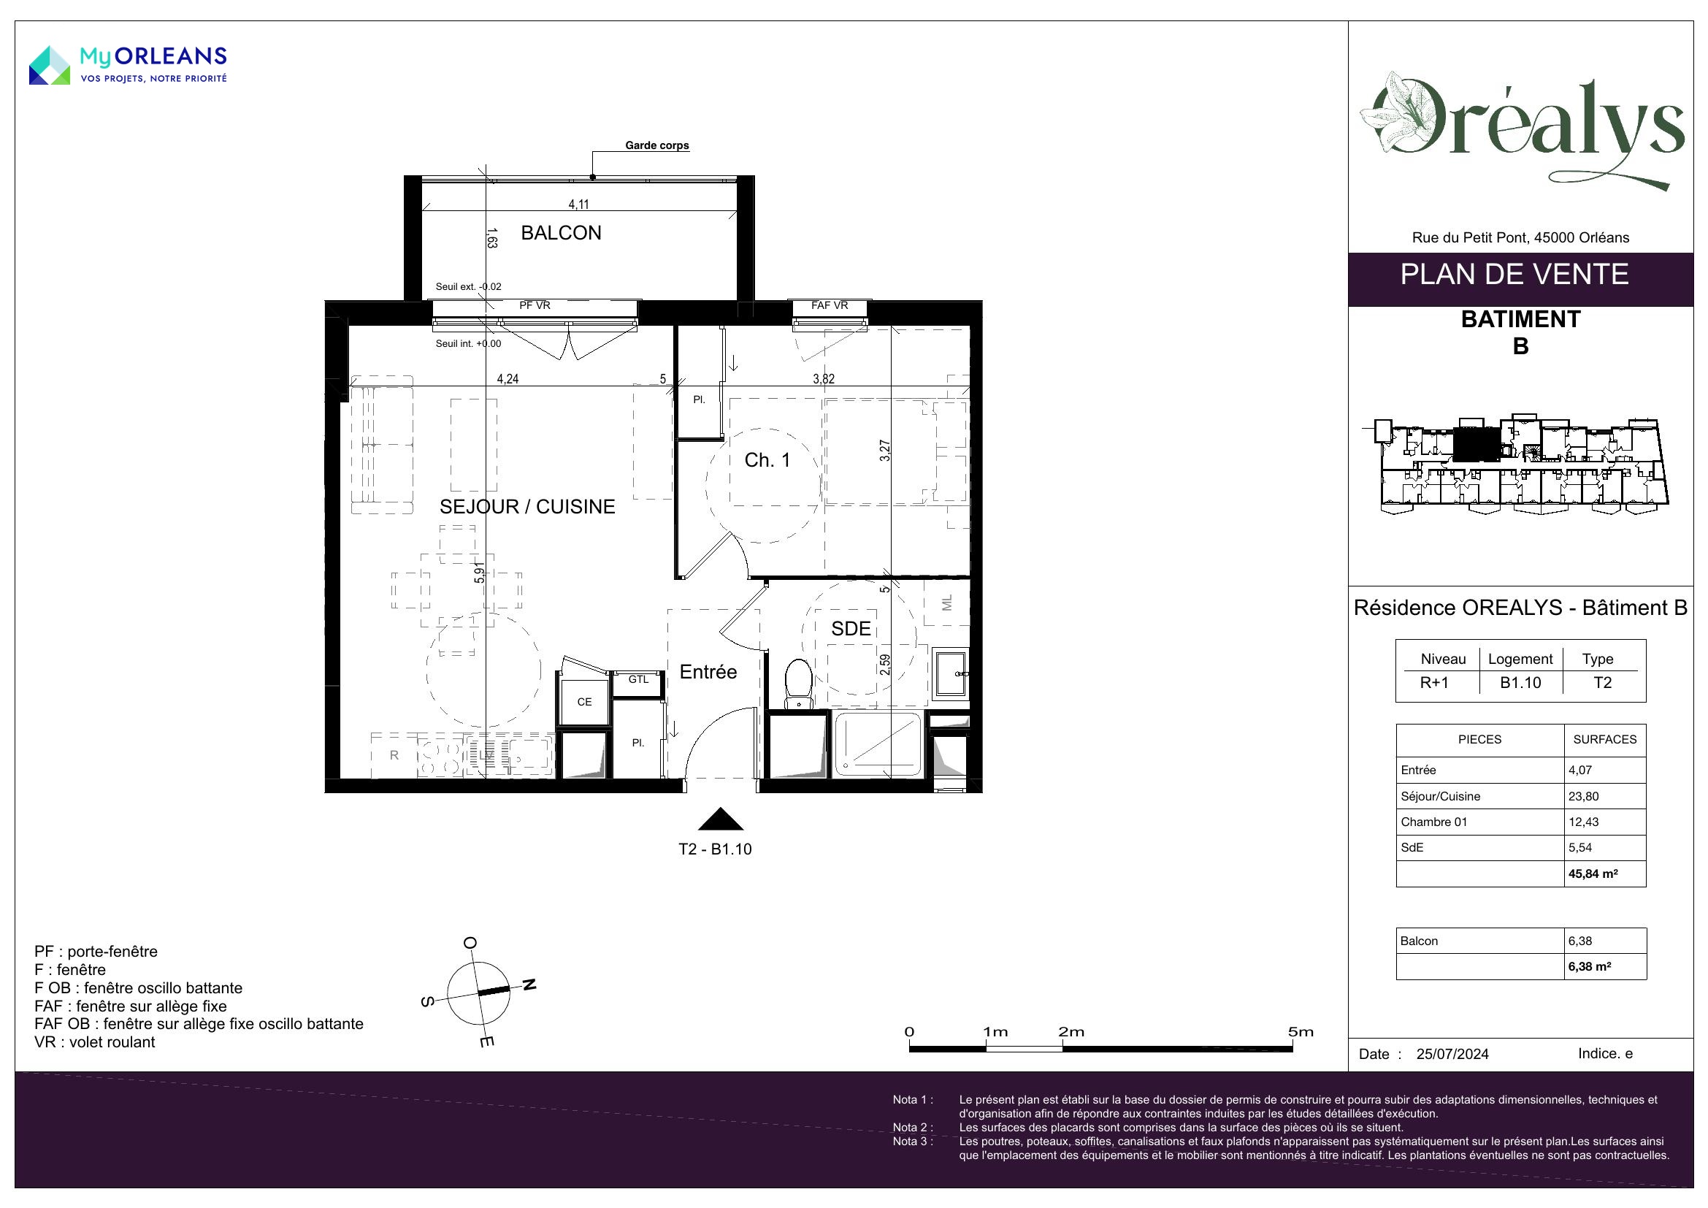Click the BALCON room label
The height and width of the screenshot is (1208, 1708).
pos(561,233)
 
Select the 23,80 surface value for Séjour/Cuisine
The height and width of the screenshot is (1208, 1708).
pos(1584,796)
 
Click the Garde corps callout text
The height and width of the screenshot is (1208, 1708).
pos(657,145)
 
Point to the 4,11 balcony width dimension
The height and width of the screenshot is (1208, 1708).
pos(579,204)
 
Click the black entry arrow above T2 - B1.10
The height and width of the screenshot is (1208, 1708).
pos(720,819)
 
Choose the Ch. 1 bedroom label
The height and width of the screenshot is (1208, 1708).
pos(767,460)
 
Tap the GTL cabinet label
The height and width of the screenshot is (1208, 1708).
pos(638,679)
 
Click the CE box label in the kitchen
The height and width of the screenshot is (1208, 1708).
pos(585,701)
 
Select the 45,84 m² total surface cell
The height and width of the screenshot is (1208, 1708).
pos(1593,873)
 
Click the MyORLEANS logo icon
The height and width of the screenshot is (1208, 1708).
pos(49,66)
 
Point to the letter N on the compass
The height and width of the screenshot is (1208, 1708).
pos(529,985)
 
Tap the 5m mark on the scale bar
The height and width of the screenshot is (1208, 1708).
pos(1301,1032)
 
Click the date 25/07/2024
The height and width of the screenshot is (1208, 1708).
pos(1452,1054)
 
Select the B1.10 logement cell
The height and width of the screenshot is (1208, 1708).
pos(1520,683)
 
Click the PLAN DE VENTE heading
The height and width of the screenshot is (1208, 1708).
pos(1514,275)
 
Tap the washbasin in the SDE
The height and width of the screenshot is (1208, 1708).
pos(951,673)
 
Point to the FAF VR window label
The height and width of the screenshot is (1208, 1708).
pos(830,306)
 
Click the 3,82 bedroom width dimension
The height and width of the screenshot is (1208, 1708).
pos(824,378)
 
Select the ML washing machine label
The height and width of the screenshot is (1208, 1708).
pos(947,603)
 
